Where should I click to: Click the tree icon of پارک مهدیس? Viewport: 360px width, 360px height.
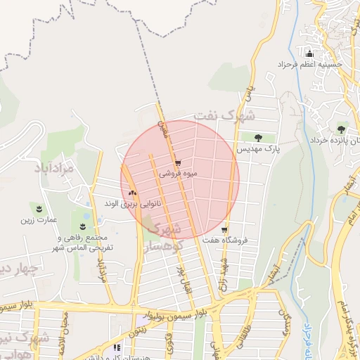(x=258, y=138)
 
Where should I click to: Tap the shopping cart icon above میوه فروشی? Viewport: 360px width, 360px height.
(x=178, y=162)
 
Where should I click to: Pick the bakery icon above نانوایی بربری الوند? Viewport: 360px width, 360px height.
(x=133, y=192)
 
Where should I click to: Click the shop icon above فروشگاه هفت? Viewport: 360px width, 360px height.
(x=224, y=230)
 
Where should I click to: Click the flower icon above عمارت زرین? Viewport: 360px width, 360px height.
(x=39, y=209)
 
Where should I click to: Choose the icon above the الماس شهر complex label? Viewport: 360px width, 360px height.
(x=83, y=226)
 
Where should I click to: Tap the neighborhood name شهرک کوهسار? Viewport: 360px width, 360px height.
(x=167, y=237)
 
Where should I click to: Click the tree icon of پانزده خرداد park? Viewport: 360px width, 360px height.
(x=342, y=129)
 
